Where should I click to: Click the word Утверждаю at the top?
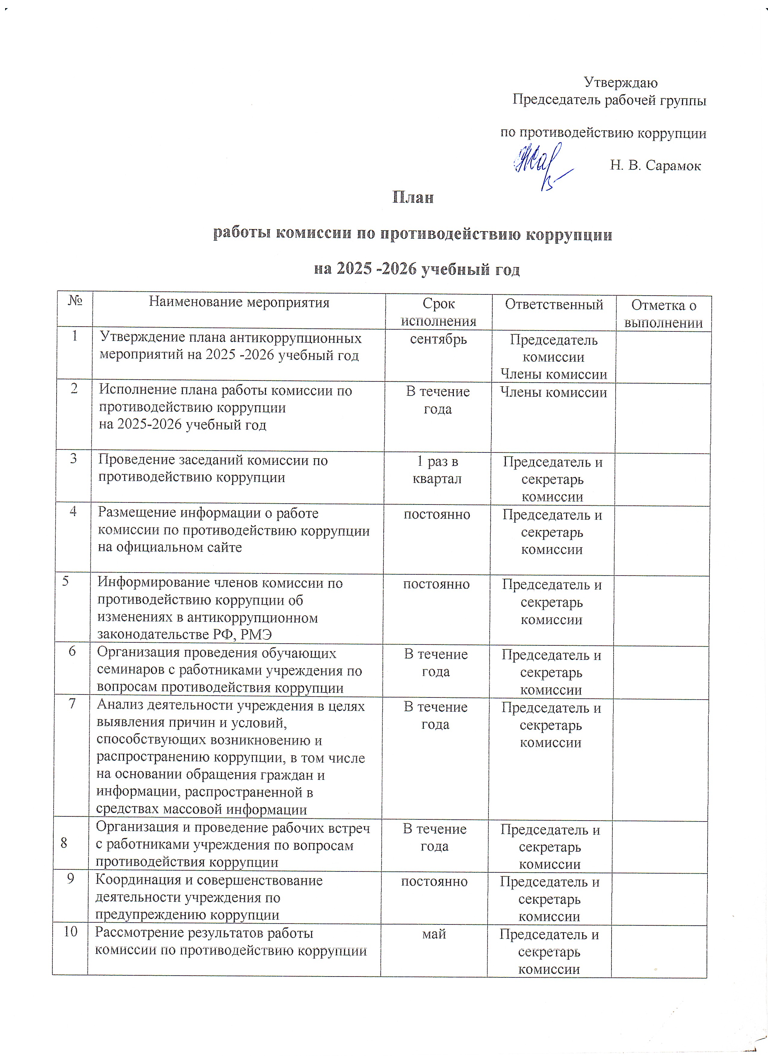point(621,82)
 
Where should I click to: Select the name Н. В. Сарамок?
point(655,165)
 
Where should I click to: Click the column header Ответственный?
point(554,305)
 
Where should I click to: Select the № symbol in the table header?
point(75,300)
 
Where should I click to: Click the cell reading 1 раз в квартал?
point(437,470)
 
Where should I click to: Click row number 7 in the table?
point(72,703)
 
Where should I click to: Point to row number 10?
point(70,931)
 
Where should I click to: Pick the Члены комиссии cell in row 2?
point(553,393)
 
